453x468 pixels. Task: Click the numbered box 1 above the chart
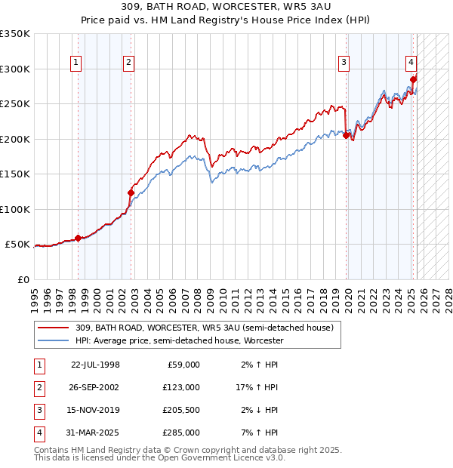pos(78,63)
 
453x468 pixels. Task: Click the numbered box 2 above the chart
pos(130,63)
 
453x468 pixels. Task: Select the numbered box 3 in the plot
pos(344,63)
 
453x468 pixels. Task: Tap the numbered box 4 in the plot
pos(411,63)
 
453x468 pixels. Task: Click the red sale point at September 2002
pos(131,192)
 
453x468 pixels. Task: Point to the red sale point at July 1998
pos(79,238)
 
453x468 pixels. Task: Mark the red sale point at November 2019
pos(346,135)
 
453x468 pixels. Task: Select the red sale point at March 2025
pos(413,79)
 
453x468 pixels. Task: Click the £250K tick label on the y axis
pos(15,104)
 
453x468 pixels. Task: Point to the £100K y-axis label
pos(15,209)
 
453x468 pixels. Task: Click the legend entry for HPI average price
pos(179,340)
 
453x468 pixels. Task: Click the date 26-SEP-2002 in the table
pos(95,387)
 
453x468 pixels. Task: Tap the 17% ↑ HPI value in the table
pos(257,387)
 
